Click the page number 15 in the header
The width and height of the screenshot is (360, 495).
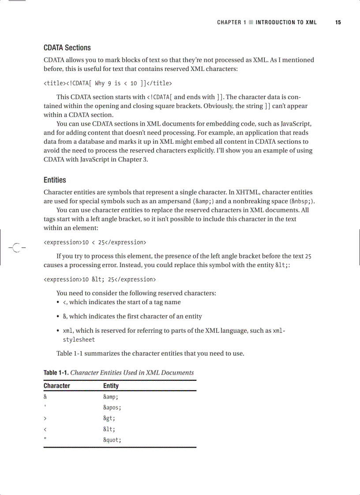click(338, 22)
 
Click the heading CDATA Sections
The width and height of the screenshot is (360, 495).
click(67, 48)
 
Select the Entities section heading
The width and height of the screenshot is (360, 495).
click(55, 180)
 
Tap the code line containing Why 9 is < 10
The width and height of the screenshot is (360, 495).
click(108, 83)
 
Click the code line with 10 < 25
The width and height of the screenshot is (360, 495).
click(95, 242)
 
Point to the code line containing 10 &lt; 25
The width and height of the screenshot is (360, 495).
click(100, 279)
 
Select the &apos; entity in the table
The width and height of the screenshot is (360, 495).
click(112, 408)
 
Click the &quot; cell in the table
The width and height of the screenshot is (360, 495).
click(112, 440)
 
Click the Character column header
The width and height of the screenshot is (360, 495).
click(56, 386)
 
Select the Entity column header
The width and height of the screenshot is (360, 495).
click(111, 386)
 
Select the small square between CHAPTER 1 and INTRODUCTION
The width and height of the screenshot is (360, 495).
click(251, 22)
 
